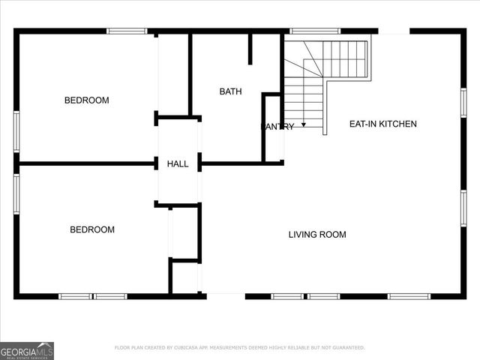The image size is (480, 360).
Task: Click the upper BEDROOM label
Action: click(x=86, y=100)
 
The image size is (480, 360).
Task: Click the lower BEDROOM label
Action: click(x=92, y=229)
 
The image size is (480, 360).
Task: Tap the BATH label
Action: click(x=230, y=91)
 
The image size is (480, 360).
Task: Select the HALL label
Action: click(x=178, y=163)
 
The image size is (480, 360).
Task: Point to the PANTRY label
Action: click(x=277, y=127)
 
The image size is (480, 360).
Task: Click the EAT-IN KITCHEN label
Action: click(x=382, y=124)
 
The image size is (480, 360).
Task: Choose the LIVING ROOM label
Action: click(x=317, y=235)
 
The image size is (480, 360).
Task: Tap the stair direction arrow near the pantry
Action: click(x=304, y=124)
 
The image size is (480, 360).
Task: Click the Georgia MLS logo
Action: click(x=27, y=350)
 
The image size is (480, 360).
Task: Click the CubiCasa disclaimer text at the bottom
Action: click(x=239, y=348)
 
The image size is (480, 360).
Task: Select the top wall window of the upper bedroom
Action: click(x=126, y=31)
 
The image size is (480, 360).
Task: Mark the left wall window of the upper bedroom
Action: click(x=16, y=131)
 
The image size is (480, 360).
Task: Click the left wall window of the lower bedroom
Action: click(x=16, y=194)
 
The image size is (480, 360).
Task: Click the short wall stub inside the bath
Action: click(x=250, y=49)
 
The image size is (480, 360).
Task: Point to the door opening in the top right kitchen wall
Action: click(x=394, y=31)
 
